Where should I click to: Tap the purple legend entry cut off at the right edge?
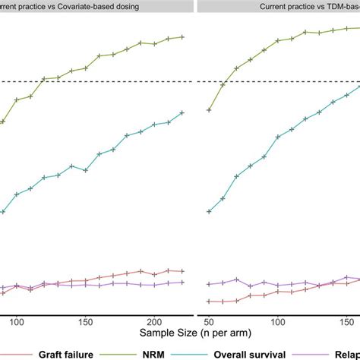pyautogui.click(x=342, y=353)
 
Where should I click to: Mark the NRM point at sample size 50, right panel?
pyautogui.click(x=209, y=110)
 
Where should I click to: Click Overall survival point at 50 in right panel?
pyautogui.click(x=209, y=211)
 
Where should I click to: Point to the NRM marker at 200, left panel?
pyautogui.click(x=154, y=44)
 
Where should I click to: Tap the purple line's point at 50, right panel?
pyautogui.click(x=209, y=284)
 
